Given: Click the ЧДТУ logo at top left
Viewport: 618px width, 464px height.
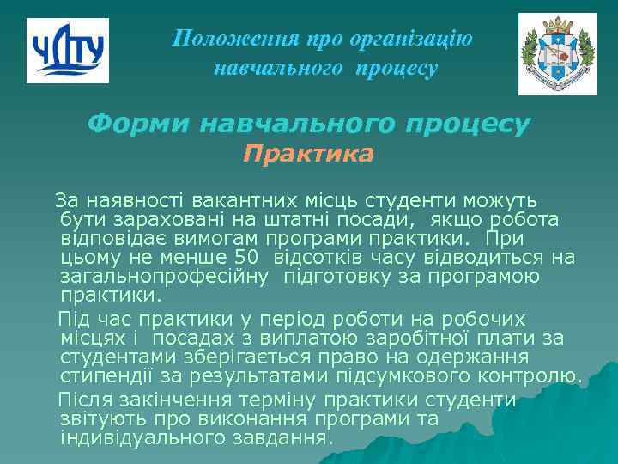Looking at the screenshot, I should (68, 51).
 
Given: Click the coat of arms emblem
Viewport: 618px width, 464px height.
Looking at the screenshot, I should (557, 54).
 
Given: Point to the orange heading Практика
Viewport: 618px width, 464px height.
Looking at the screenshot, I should (308, 155).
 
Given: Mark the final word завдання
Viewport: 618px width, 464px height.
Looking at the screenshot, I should (290, 437).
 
